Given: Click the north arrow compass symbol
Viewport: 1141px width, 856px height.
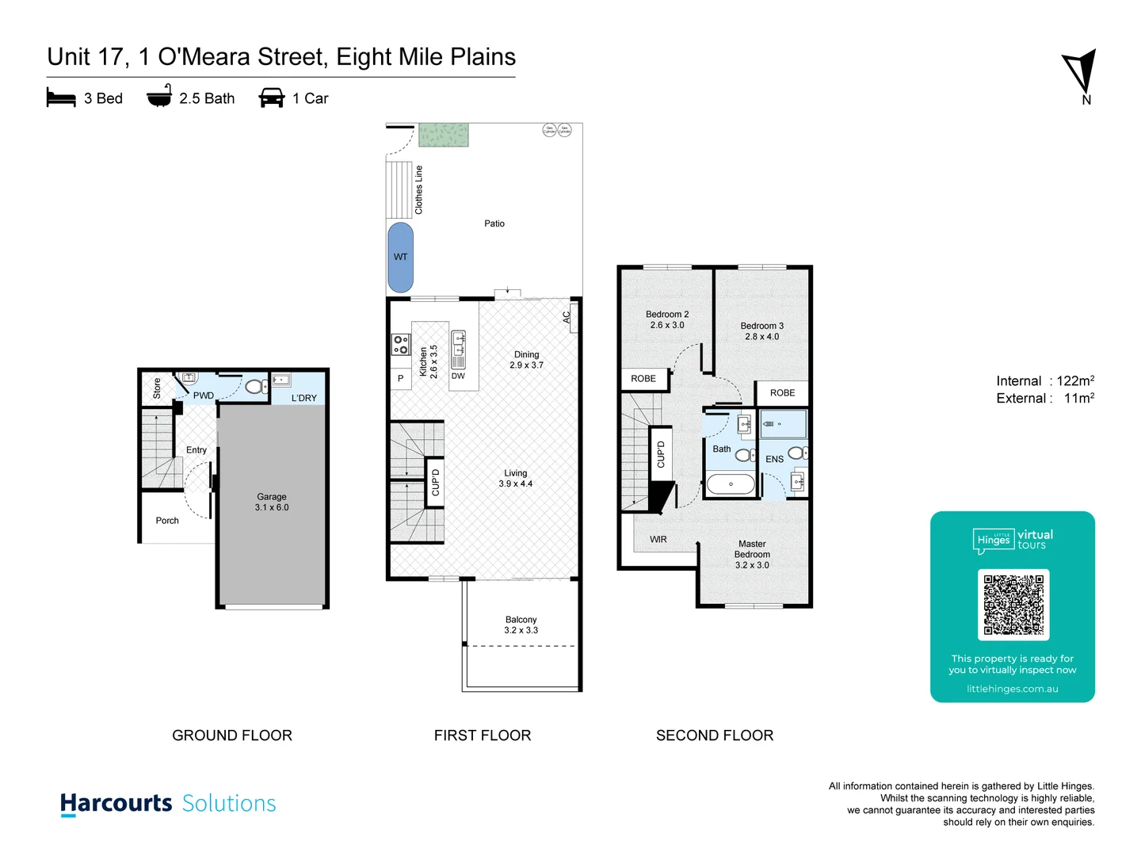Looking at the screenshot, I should pyautogui.click(x=1080, y=73).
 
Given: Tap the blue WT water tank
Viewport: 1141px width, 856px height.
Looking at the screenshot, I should pyautogui.click(x=401, y=257).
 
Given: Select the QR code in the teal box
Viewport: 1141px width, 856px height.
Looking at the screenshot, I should pyautogui.click(x=1013, y=605).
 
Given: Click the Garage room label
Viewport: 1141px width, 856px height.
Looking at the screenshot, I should pyautogui.click(x=272, y=502).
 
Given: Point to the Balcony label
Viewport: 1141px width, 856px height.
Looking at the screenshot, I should pyautogui.click(x=521, y=625).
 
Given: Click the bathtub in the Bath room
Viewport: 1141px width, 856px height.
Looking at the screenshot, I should pyautogui.click(x=731, y=483).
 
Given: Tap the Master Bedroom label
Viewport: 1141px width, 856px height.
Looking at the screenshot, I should pyautogui.click(x=752, y=554).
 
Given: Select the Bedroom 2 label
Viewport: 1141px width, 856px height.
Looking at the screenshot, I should pyautogui.click(x=667, y=319).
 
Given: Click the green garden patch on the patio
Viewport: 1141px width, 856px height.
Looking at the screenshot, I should pyautogui.click(x=444, y=135).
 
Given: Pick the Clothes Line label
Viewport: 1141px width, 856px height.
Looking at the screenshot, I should pyautogui.click(x=419, y=190).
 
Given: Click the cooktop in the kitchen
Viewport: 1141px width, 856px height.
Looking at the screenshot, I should pyautogui.click(x=401, y=344).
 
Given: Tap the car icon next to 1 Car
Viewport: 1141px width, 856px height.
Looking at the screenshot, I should pyautogui.click(x=272, y=97).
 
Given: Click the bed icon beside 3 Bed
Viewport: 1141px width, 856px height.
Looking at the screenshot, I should pyautogui.click(x=61, y=97).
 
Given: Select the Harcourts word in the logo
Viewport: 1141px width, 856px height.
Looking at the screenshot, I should pyautogui.click(x=116, y=803).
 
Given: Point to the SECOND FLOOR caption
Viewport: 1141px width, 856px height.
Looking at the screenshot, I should pyautogui.click(x=715, y=736).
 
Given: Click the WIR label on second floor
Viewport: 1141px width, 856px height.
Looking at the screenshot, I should pyautogui.click(x=658, y=539).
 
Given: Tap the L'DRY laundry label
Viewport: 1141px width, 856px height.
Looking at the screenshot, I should pyautogui.click(x=303, y=398).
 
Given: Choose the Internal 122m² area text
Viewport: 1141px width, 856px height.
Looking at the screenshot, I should pyautogui.click(x=1045, y=381).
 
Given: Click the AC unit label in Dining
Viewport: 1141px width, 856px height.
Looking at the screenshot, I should pyautogui.click(x=567, y=316).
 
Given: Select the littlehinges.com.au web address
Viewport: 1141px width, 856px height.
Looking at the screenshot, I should pyautogui.click(x=1013, y=689).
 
